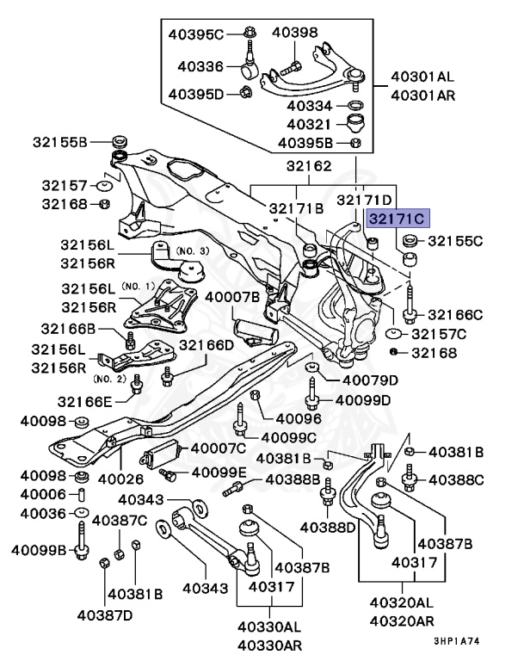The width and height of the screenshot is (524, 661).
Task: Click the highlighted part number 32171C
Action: coord(396,219)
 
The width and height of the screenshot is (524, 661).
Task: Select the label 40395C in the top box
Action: coord(195,34)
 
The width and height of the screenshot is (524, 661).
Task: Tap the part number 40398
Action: coord(295,33)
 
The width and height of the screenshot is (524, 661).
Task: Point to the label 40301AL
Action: coord(422,76)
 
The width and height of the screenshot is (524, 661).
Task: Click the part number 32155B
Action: coord(60,141)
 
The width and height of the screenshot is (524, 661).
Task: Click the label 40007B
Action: coord(231,297)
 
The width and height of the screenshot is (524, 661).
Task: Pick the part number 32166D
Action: coord(207,345)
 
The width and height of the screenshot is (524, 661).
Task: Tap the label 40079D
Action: coord(370,380)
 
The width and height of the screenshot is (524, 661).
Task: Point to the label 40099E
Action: coord(219,472)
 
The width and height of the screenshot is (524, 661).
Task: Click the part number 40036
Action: coord(43,514)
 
